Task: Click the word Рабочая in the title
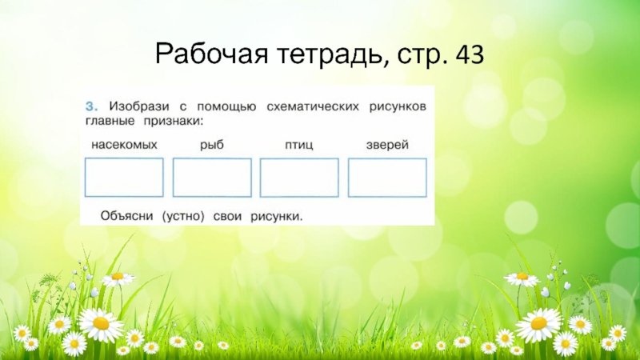211,54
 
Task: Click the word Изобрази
138,107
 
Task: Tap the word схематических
313,107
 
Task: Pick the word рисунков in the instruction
398,107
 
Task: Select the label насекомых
124,145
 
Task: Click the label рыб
212,145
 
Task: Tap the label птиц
299,146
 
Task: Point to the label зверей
387,145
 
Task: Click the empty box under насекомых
86,178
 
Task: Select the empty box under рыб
173,178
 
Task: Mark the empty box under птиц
261,178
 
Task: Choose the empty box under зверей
349,178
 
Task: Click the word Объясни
126,215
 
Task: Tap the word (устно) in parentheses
183,216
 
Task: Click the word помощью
227,107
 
